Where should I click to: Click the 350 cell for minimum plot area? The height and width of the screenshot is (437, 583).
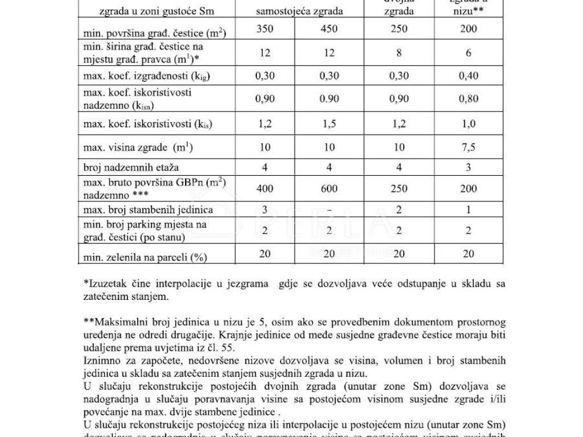265,28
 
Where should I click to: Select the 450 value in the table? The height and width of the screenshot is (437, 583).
328,28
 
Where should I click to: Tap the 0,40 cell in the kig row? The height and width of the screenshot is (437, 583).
469,75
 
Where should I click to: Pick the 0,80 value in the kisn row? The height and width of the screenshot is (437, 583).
469,98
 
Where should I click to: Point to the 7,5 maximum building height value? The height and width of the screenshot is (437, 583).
469,148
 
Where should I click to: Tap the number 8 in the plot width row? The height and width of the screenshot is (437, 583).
399,53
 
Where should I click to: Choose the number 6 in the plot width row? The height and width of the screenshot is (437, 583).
469,53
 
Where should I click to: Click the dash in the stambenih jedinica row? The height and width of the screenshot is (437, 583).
329,210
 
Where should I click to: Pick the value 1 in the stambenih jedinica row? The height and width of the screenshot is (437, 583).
469,210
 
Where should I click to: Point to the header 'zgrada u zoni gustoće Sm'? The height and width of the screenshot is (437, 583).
151,11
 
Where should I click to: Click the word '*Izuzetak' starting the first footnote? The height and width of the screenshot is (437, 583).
104,283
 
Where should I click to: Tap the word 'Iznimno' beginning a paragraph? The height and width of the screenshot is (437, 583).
100,361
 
